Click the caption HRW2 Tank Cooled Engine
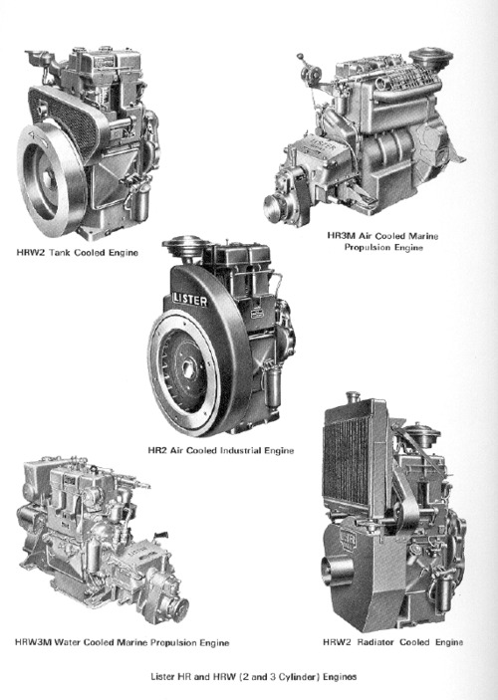point(78,253)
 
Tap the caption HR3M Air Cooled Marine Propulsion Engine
point(382,242)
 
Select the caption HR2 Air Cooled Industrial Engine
point(221,450)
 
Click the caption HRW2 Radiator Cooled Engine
point(393,642)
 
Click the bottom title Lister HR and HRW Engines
point(254,677)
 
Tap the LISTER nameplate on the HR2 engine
point(190,299)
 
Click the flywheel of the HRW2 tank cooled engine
point(53,178)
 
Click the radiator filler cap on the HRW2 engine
point(353,395)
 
